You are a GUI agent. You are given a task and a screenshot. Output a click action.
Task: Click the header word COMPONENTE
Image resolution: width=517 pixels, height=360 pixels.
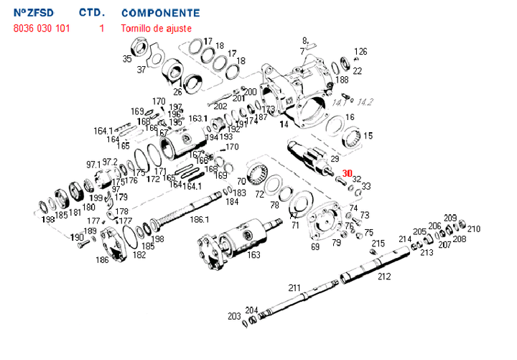161,13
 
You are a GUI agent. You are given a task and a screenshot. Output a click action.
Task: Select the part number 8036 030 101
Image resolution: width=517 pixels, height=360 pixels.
42,28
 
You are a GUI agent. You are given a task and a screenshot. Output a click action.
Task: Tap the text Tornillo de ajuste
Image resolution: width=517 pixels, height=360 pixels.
156,28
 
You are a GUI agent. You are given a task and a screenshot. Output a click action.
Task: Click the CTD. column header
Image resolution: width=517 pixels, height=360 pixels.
93,13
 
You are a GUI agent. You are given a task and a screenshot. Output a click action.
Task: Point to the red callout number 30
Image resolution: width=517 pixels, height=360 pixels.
347,173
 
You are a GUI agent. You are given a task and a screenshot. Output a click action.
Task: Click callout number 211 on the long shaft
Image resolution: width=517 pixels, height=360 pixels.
295,288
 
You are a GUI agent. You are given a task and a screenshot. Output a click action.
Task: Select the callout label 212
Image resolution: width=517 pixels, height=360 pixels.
384,276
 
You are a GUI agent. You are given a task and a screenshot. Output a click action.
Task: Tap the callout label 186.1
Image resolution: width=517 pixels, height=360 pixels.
199,219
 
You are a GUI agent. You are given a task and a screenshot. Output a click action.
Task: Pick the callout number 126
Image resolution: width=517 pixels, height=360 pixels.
360,52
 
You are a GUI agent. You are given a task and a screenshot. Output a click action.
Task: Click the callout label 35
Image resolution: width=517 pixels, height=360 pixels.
127,58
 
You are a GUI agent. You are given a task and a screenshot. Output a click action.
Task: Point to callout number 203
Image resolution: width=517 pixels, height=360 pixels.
234,316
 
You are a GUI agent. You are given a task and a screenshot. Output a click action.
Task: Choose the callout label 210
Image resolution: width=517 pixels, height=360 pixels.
474,229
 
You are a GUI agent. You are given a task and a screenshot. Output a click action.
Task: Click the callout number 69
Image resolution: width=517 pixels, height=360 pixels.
315,246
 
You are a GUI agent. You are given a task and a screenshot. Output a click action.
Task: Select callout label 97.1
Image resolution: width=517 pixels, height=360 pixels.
94,165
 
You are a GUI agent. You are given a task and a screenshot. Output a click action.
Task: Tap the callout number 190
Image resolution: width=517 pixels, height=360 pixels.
77,237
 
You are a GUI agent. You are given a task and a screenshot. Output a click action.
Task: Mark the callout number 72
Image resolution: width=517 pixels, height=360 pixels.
259,195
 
